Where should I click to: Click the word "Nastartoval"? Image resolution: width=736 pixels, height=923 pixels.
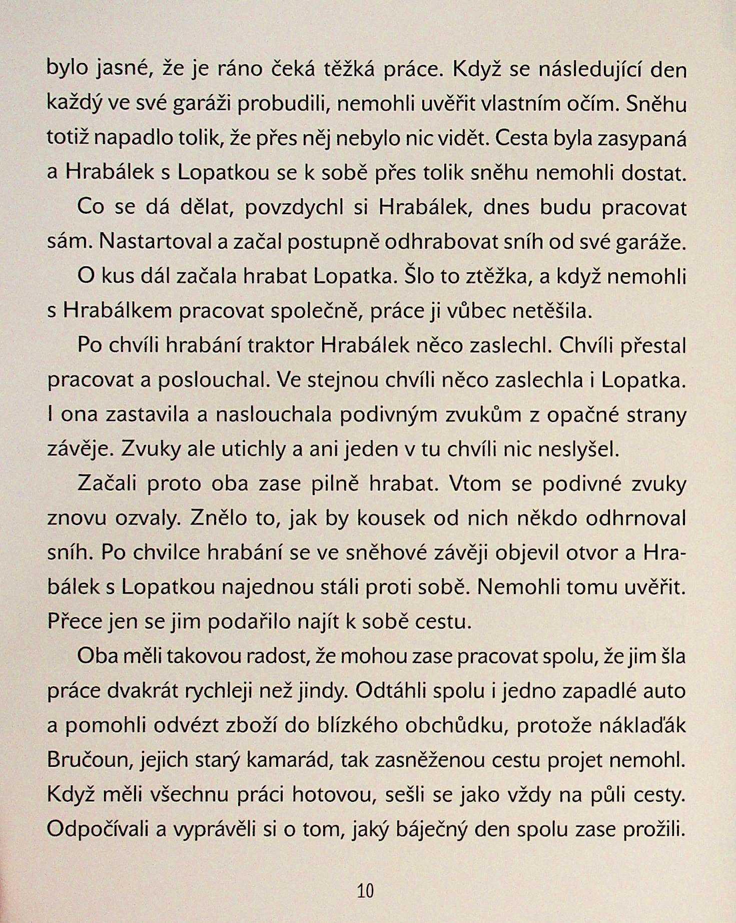click(157, 242)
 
